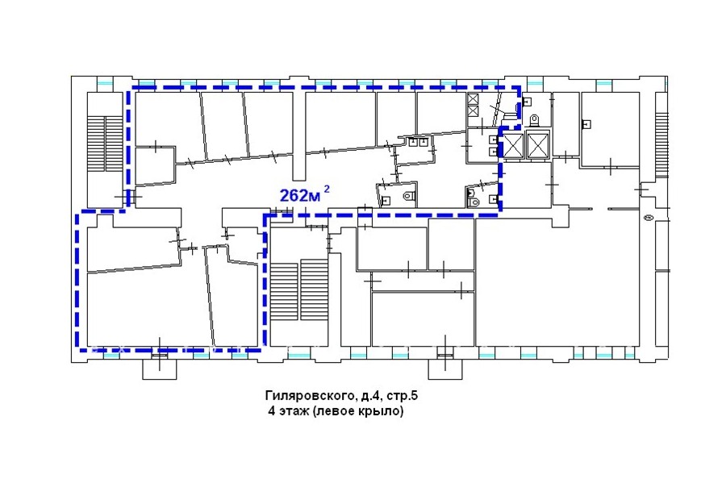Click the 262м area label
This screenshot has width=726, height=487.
(300, 196)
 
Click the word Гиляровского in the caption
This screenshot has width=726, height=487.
(310, 396)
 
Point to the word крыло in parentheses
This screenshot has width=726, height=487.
(381, 411)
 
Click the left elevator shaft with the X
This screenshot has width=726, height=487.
(512, 145)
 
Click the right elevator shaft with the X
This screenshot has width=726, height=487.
(537, 145)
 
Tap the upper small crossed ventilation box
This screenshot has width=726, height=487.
(473, 99)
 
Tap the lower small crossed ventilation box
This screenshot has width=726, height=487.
(473, 111)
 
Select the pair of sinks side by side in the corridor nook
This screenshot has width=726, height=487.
(417, 142)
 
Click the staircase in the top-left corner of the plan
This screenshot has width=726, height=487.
(105, 144)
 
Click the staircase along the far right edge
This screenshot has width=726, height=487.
(662, 144)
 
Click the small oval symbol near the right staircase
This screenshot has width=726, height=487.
(647, 217)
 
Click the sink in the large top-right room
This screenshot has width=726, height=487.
(587, 124)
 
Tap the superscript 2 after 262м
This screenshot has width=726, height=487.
(327, 189)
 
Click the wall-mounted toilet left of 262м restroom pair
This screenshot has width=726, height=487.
(408, 196)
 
